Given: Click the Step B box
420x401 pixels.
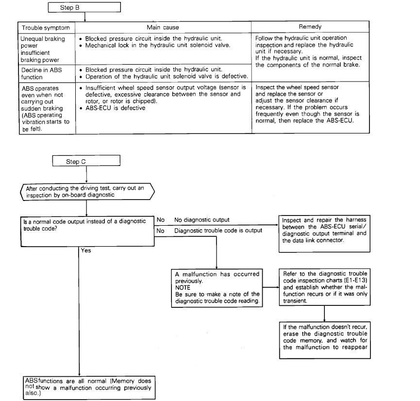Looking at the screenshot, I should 84,7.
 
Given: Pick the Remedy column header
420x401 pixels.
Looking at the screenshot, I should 310,28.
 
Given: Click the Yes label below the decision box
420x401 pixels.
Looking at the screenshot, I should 86,251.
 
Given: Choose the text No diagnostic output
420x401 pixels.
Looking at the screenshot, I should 202,220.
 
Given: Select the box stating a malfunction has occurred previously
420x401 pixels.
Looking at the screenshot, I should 218,287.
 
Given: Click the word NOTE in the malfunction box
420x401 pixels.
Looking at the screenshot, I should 184,287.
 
